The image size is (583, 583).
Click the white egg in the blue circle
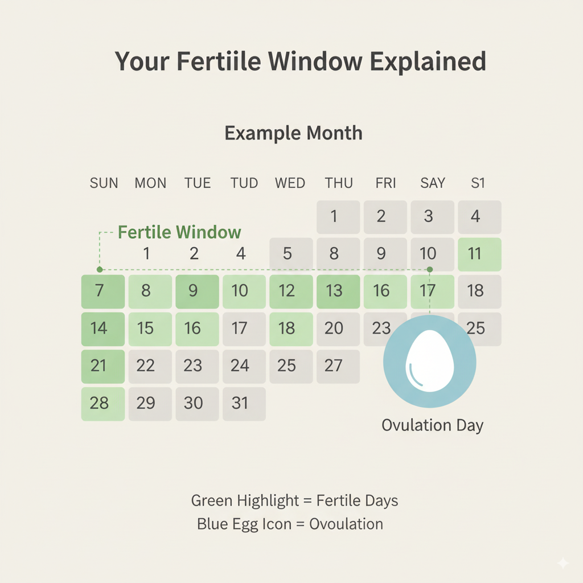click(430, 361)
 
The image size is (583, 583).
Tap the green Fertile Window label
click(179, 232)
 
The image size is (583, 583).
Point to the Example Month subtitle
click(293, 133)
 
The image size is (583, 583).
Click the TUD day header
click(244, 183)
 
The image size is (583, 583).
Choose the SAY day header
click(433, 183)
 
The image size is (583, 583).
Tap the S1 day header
click(478, 183)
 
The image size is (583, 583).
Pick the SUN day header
click(104, 183)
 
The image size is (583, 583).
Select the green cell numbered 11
click(479, 254)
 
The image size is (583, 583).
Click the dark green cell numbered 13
click(338, 291)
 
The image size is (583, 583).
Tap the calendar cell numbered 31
click(244, 404)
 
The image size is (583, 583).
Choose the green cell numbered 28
click(103, 404)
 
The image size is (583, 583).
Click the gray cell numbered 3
click(433, 217)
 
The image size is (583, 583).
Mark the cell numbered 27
click(338, 366)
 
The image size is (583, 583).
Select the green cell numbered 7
click(103, 291)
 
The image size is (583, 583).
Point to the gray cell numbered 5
click(291, 254)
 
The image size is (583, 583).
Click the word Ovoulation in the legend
click(346, 524)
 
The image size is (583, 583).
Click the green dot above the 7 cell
click(100, 269)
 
